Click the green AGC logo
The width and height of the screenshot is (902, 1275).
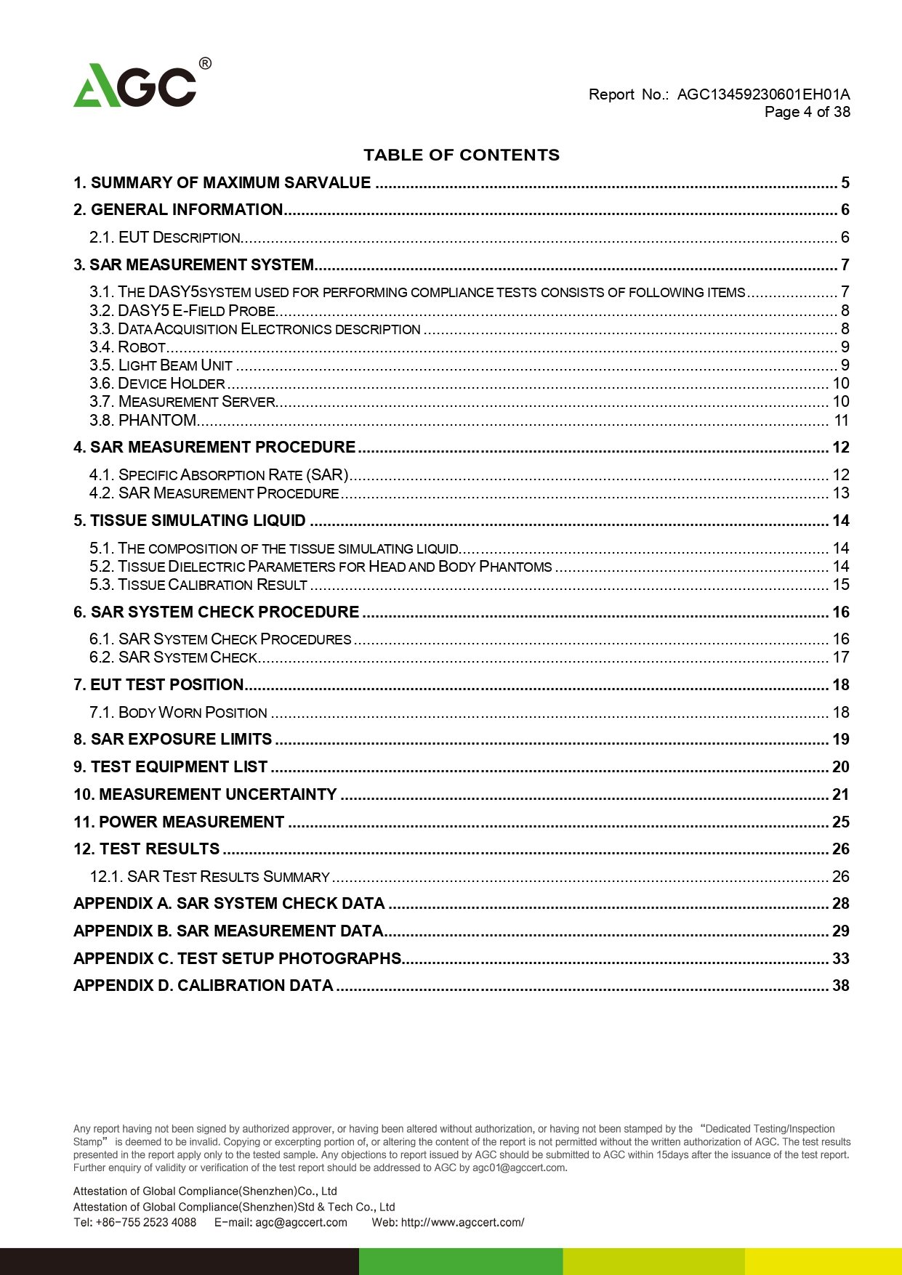(135, 86)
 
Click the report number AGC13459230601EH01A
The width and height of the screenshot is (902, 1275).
(763, 94)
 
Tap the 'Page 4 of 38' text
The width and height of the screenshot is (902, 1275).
(807, 112)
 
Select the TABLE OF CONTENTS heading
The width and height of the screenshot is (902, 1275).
(462, 155)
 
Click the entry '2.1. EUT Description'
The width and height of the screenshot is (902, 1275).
(165, 238)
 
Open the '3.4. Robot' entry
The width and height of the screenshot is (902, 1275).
(128, 347)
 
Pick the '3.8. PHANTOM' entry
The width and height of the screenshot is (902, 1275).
(143, 421)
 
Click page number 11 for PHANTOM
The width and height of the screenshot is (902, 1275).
(842, 421)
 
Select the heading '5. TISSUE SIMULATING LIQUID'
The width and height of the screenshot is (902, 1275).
(190, 521)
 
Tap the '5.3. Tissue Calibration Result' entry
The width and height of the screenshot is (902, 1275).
(198, 585)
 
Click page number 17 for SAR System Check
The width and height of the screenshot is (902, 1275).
(841, 657)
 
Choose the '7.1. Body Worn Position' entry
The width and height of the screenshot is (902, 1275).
(178, 713)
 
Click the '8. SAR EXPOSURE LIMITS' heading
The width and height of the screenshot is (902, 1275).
(173, 740)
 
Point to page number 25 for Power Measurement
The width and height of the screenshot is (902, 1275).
(841, 822)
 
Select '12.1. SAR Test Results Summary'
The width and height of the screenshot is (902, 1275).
(210, 877)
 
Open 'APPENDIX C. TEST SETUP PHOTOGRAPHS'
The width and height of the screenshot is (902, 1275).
(238, 959)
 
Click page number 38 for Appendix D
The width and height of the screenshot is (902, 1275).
(841, 986)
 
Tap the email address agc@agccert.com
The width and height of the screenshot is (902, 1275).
(301, 1222)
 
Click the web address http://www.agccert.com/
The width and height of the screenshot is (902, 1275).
(462, 1222)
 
